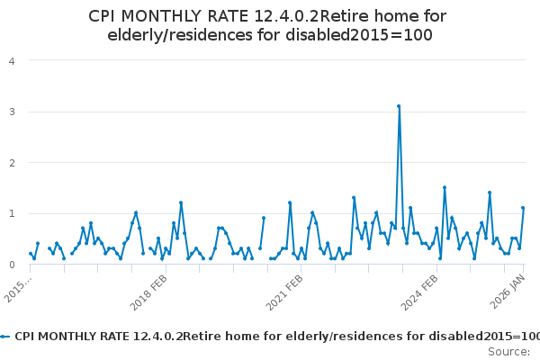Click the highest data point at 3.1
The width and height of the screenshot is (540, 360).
coord(399,106)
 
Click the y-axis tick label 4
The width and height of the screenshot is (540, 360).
coord(12,61)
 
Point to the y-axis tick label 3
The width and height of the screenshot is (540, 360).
coord(12,112)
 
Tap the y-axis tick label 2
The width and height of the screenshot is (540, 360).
coord(12,163)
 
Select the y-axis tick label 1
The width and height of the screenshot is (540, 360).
coord(12,214)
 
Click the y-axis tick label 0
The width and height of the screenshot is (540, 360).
coord(12,265)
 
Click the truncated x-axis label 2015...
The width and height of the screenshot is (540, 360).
coord(17,288)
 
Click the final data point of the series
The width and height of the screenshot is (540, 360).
coord(523,208)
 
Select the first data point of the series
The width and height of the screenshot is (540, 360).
coord(31,254)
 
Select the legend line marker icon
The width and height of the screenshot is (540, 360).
coord(5,336)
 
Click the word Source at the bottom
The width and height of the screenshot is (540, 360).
coord(508,351)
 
